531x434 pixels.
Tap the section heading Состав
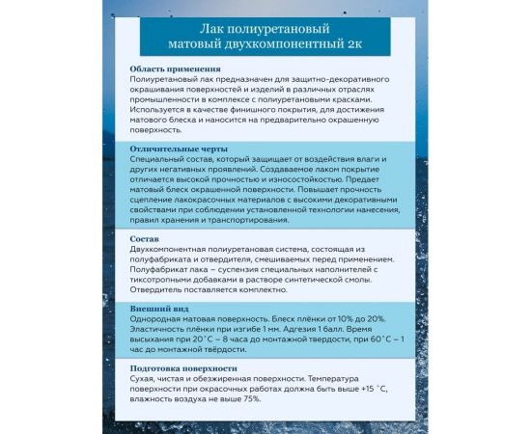pos(145,237)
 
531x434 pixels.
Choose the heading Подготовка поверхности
pos(184,367)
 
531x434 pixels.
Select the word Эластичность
pos(158,328)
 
